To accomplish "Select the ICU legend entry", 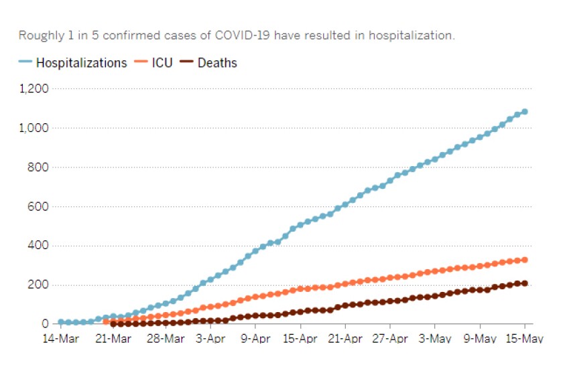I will tap(153, 63).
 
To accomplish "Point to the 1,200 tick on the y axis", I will tap(36, 88).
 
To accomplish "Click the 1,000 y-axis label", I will tap(36, 128).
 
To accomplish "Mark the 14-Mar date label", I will tap(60, 339).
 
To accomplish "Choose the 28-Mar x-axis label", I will tap(166, 339).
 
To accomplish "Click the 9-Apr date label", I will tap(255, 339).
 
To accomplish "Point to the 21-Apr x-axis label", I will tap(345, 339).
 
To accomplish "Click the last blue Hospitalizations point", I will tap(525, 111).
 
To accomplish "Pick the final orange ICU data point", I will tap(525, 260).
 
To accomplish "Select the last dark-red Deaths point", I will tap(525, 283).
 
